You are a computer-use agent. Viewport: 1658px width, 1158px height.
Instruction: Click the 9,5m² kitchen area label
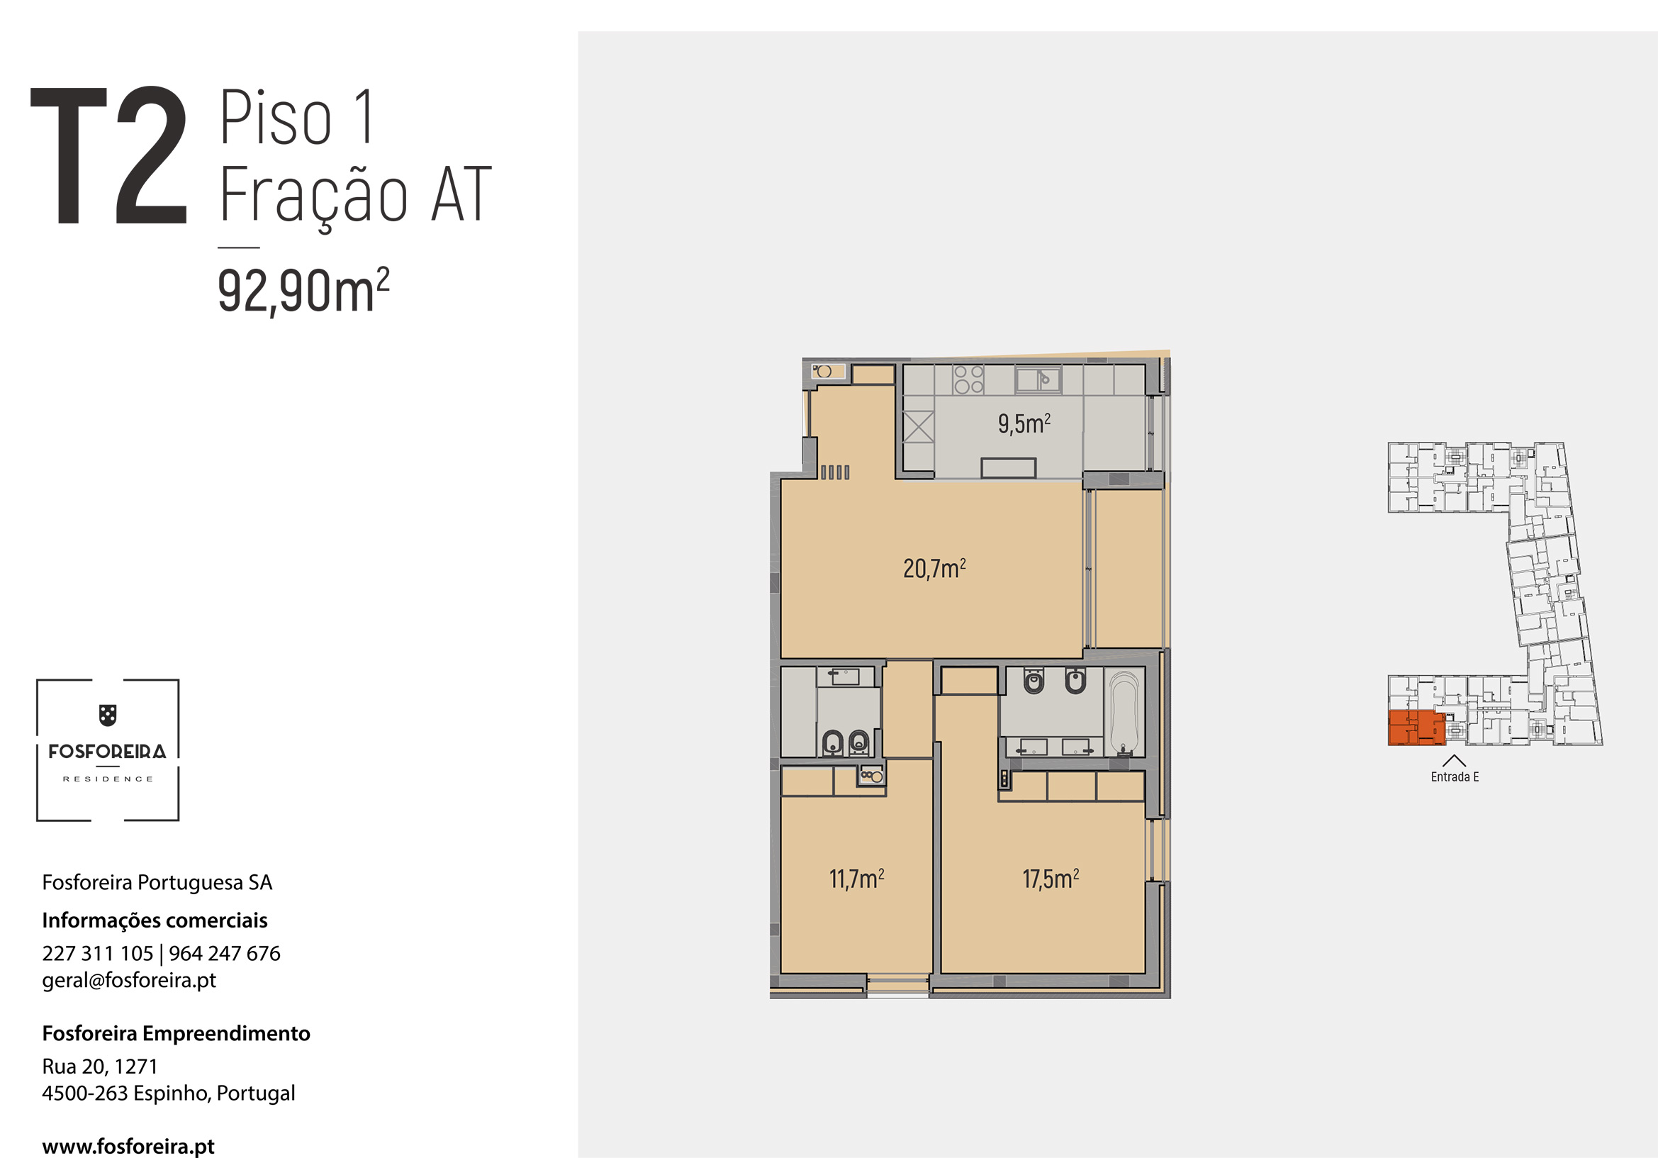pos(1024,423)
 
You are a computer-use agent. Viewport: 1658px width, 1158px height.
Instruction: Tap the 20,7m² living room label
pos(934,569)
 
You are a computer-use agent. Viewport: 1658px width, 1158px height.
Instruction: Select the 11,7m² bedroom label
pos(856,879)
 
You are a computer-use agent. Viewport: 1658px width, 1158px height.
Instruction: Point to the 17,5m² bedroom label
pos(1051,879)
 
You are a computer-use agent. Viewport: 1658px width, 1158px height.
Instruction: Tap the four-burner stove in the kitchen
pos(968,379)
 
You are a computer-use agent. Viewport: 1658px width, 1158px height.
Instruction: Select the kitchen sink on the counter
pos(1038,379)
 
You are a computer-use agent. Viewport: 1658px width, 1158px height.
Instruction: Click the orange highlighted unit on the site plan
pos(1416,728)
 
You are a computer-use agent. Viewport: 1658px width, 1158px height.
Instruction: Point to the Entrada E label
pos(1455,777)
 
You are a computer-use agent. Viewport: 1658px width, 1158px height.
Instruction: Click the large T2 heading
pos(109,155)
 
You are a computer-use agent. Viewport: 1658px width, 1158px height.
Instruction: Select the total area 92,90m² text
pos(303,291)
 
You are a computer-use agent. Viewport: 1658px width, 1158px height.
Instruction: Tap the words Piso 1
pos(297,117)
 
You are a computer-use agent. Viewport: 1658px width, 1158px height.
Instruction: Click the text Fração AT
pos(355,195)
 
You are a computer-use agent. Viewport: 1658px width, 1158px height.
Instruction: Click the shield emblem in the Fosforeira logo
pos(108,716)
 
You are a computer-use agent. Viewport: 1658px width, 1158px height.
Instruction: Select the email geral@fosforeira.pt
pos(129,980)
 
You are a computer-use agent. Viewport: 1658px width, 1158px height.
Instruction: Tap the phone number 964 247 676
pos(225,954)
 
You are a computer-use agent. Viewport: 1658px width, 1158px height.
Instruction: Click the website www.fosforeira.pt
pos(128,1147)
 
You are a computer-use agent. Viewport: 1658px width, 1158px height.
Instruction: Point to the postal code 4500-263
pos(86,1093)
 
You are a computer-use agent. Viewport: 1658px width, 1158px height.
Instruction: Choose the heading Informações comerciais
pos(155,920)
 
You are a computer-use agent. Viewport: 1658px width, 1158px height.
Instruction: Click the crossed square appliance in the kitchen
pos(919,427)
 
